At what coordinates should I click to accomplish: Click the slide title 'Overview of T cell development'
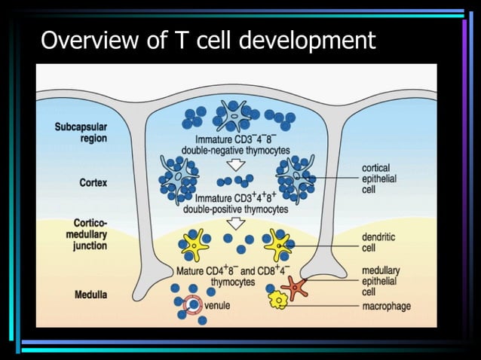(x=207, y=39)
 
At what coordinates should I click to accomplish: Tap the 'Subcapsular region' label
(x=81, y=133)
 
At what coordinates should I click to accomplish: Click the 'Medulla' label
(x=90, y=293)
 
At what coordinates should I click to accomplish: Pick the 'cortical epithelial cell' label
(x=379, y=180)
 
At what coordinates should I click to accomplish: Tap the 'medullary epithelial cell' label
(x=381, y=281)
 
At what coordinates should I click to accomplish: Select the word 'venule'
(x=217, y=306)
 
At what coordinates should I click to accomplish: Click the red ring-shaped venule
(x=192, y=304)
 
